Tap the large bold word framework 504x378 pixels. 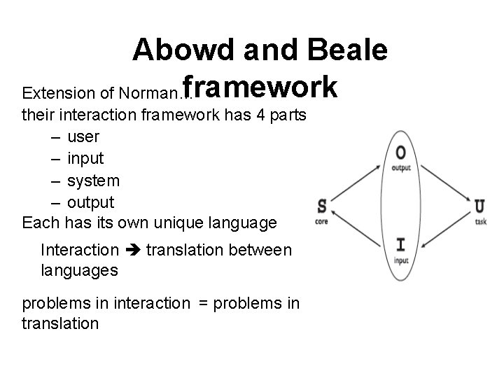click(x=260, y=89)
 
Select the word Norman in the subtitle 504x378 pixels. click(x=149, y=93)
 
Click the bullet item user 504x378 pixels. click(x=83, y=136)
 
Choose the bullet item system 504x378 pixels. click(x=93, y=181)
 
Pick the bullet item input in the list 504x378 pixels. click(x=86, y=158)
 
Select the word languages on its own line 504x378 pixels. click(x=79, y=269)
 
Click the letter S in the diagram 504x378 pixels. click(x=322, y=206)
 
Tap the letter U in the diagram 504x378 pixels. click(x=479, y=206)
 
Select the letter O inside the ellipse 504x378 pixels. click(x=400, y=153)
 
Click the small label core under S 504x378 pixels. click(x=322, y=220)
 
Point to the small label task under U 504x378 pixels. click(x=480, y=220)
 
